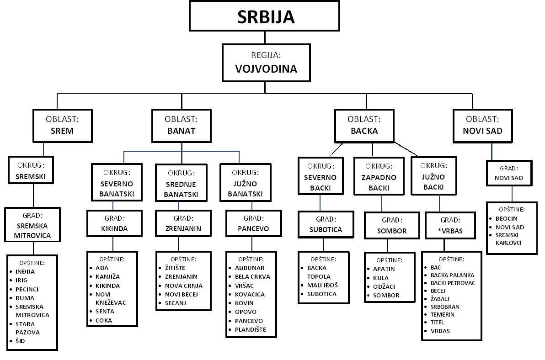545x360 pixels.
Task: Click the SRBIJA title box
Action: click(x=265, y=16)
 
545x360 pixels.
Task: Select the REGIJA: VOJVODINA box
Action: click(x=266, y=63)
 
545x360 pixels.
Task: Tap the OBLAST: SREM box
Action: click(x=63, y=126)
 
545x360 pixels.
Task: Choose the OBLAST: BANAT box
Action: click(x=182, y=126)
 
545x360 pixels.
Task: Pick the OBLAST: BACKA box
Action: click(x=364, y=126)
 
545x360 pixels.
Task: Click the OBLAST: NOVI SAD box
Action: click(x=483, y=126)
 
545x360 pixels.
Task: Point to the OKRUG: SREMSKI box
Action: click(x=31, y=170)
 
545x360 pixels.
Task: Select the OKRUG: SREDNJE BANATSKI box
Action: click(x=181, y=183)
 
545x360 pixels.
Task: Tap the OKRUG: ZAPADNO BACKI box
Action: click(x=379, y=176)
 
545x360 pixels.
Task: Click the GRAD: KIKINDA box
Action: click(x=114, y=223)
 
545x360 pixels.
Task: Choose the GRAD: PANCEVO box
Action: click(x=253, y=223)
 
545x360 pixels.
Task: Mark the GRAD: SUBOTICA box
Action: click(x=326, y=224)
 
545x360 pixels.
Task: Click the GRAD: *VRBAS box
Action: click(x=450, y=226)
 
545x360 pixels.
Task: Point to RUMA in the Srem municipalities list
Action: click(x=25, y=298)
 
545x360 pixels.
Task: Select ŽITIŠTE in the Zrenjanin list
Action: click(x=175, y=268)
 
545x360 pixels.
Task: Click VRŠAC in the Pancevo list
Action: click(x=244, y=286)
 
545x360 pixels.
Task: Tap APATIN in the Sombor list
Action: click(x=384, y=269)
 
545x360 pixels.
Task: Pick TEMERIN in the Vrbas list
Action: click(x=443, y=314)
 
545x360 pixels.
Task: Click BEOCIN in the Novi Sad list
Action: click(x=507, y=218)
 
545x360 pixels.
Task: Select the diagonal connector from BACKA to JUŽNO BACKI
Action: click(x=406, y=149)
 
